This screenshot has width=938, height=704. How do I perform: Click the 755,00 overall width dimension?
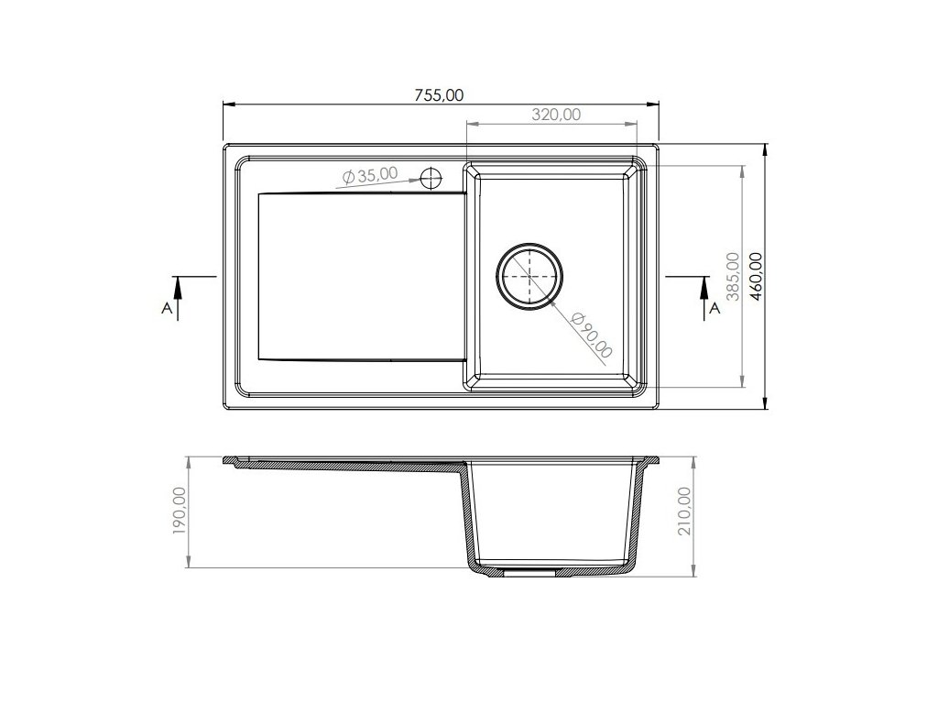point(439,95)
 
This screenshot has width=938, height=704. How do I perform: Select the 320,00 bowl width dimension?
point(556,115)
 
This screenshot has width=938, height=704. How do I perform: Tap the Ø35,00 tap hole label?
point(370,175)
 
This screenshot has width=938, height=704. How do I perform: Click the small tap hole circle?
point(431,178)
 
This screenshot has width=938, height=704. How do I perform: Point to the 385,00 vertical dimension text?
point(733,276)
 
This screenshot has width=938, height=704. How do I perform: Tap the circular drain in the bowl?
point(529,277)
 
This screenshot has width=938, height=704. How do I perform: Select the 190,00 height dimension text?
point(180,510)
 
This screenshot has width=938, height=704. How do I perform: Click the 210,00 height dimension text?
point(684,511)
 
